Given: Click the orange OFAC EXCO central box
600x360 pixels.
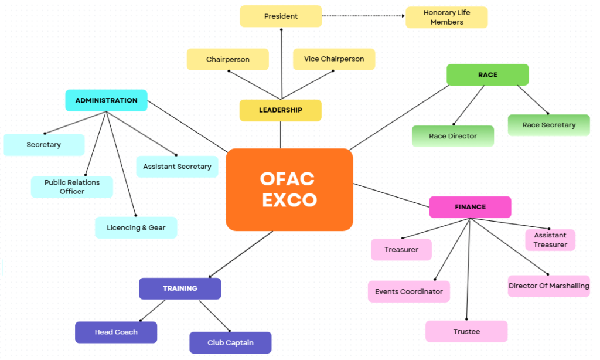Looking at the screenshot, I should click(x=289, y=189).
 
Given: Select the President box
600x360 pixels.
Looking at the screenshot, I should click(x=281, y=16).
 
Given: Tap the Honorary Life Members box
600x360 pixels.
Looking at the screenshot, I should click(x=446, y=18).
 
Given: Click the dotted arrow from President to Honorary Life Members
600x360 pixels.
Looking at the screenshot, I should click(x=363, y=16).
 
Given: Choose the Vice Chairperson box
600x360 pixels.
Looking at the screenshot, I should click(x=333, y=59).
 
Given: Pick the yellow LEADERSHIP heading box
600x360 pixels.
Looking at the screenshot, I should click(x=280, y=110).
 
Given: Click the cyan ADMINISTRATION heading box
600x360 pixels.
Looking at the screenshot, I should click(x=106, y=100).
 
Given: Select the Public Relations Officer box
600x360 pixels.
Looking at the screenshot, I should click(x=71, y=187).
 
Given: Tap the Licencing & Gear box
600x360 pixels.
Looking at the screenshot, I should click(x=136, y=227).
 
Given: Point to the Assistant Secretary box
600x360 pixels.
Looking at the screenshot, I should click(x=177, y=167).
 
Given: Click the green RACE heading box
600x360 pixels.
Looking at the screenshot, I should click(x=487, y=75).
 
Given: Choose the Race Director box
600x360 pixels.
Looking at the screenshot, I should click(x=452, y=136).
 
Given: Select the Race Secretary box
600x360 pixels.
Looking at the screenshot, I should click(x=548, y=125).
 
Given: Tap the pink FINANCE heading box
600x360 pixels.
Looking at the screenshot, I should click(x=470, y=207).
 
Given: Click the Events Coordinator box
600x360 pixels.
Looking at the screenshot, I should click(x=408, y=291).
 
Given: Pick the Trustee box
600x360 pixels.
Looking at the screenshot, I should click(x=466, y=331).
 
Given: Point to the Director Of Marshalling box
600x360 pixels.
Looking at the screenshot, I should click(x=548, y=286).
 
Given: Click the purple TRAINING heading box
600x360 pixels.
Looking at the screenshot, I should click(x=180, y=288).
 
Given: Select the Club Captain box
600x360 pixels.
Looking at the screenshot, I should click(x=230, y=342).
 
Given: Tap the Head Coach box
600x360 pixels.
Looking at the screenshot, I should click(x=116, y=332).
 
